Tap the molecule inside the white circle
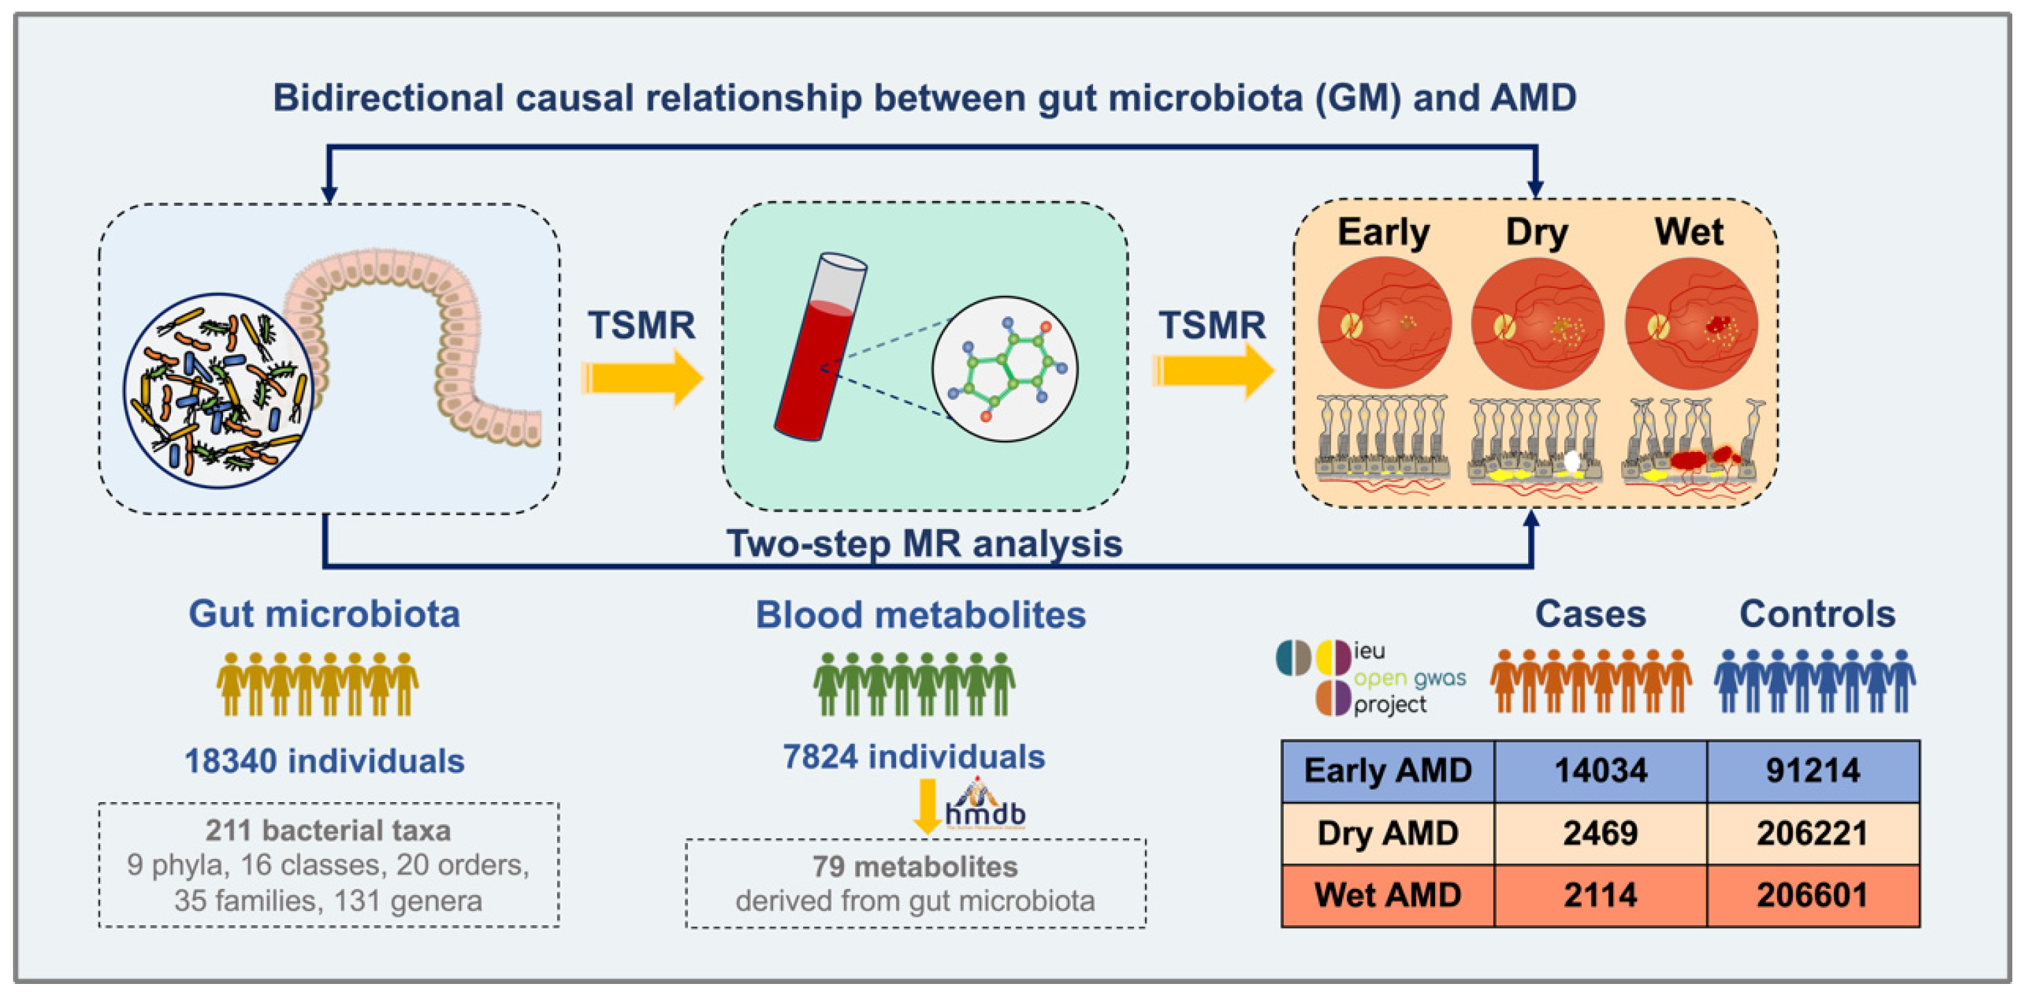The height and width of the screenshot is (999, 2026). (x=1005, y=368)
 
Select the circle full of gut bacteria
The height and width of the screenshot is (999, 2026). (x=219, y=390)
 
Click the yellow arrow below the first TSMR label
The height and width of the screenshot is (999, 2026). (x=641, y=378)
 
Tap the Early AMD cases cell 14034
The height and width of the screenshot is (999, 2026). (x=1600, y=770)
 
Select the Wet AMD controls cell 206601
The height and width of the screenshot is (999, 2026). (x=1812, y=895)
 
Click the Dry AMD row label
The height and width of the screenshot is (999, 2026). (x=1387, y=833)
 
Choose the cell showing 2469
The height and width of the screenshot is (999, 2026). (x=1600, y=833)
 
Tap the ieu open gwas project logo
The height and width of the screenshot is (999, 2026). (x=1370, y=678)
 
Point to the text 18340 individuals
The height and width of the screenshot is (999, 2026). (x=324, y=761)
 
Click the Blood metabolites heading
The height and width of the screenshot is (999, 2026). (x=920, y=615)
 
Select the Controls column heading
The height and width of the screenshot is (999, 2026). (x=1817, y=614)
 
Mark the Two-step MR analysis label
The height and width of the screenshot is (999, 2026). (x=924, y=544)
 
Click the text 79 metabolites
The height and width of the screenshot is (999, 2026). (x=915, y=866)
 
